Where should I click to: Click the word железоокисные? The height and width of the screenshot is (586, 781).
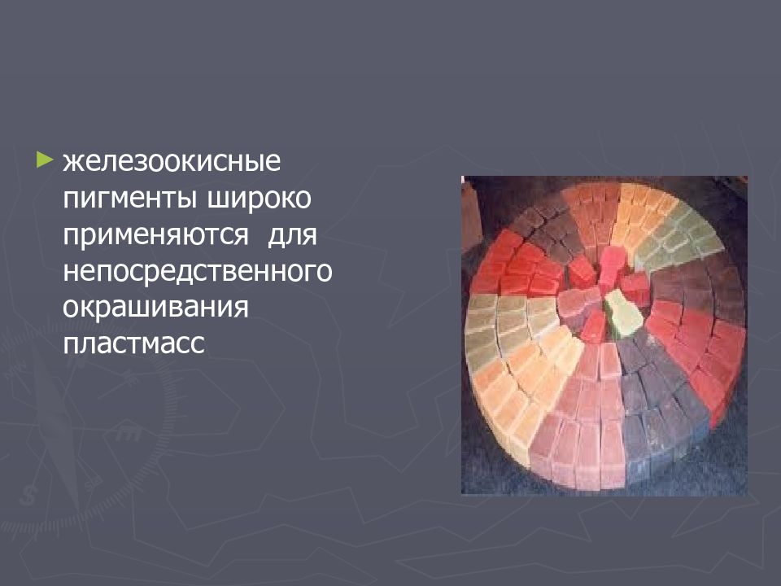(172, 161)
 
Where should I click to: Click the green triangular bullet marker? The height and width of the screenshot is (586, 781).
(45, 157)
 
